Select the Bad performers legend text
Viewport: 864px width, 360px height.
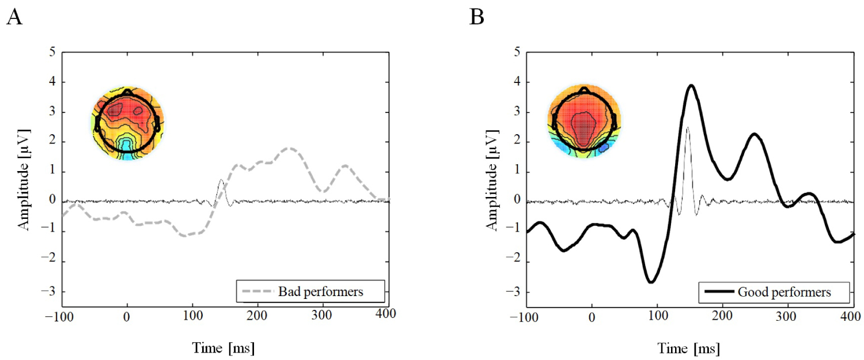tap(321, 292)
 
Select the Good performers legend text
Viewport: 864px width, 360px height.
tap(783, 292)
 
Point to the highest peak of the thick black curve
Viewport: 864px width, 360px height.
tap(691, 85)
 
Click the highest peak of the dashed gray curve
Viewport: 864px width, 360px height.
tap(291, 148)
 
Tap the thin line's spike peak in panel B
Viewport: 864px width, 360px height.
tap(687, 128)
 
